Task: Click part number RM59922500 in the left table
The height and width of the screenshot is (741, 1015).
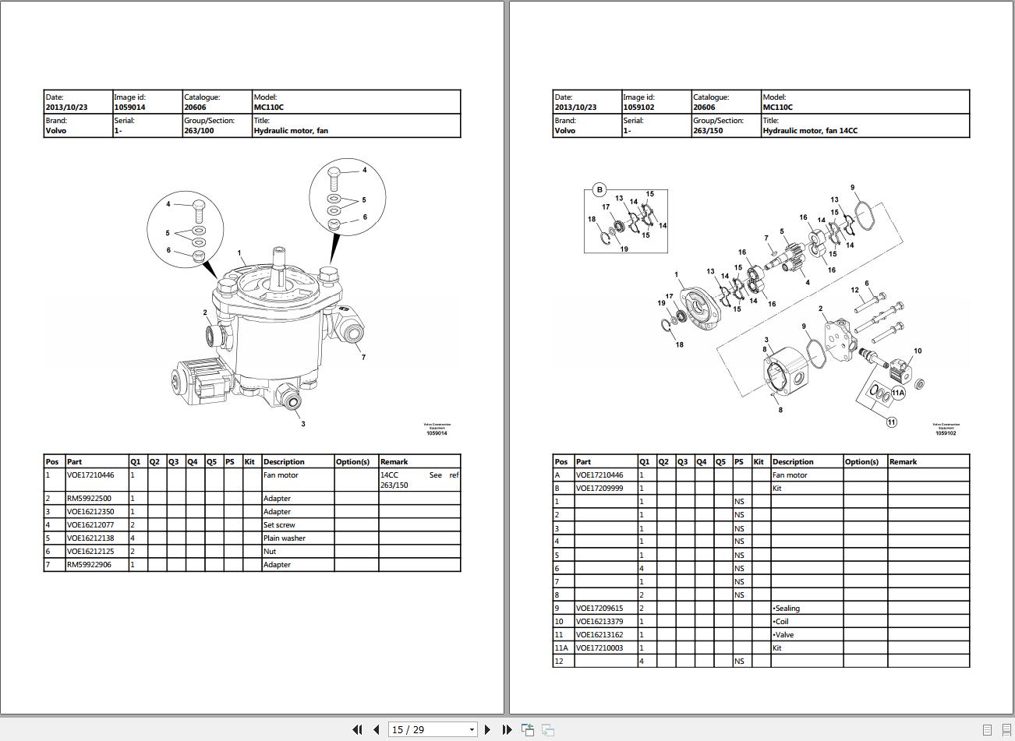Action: pyautogui.click(x=89, y=499)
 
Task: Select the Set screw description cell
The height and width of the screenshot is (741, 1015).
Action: pyautogui.click(x=279, y=525)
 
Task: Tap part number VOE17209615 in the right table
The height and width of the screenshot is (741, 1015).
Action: pyautogui.click(x=599, y=609)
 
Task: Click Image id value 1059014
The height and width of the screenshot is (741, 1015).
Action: pyautogui.click(x=129, y=108)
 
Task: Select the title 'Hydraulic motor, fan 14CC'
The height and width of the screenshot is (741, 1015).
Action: pyautogui.click(x=809, y=131)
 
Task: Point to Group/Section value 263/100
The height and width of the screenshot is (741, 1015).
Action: pyautogui.click(x=199, y=131)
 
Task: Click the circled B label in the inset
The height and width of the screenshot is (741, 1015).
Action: pyautogui.click(x=599, y=189)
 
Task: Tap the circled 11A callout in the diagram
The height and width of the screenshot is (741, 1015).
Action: pyautogui.click(x=898, y=393)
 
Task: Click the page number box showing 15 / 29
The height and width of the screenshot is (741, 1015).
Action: pyautogui.click(x=433, y=729)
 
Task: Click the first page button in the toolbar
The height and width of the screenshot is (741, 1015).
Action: pyautogui.click(x=357, y=729)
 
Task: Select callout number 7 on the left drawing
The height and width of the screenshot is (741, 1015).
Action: pyautogui.click(x=363, y=358)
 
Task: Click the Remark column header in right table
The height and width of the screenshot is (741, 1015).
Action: pyautogui.click(x=903, y=462)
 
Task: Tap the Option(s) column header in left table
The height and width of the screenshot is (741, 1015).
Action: pyautogui.click(x=352, y=462)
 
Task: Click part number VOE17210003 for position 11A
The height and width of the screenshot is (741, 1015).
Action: pyautogui.click(x=599, y=648)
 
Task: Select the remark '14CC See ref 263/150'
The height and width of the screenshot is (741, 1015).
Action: pyautogui.click(x=419, y=480)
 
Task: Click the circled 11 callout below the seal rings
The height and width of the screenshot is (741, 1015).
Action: pyautogui.click(x=891, y=422)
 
